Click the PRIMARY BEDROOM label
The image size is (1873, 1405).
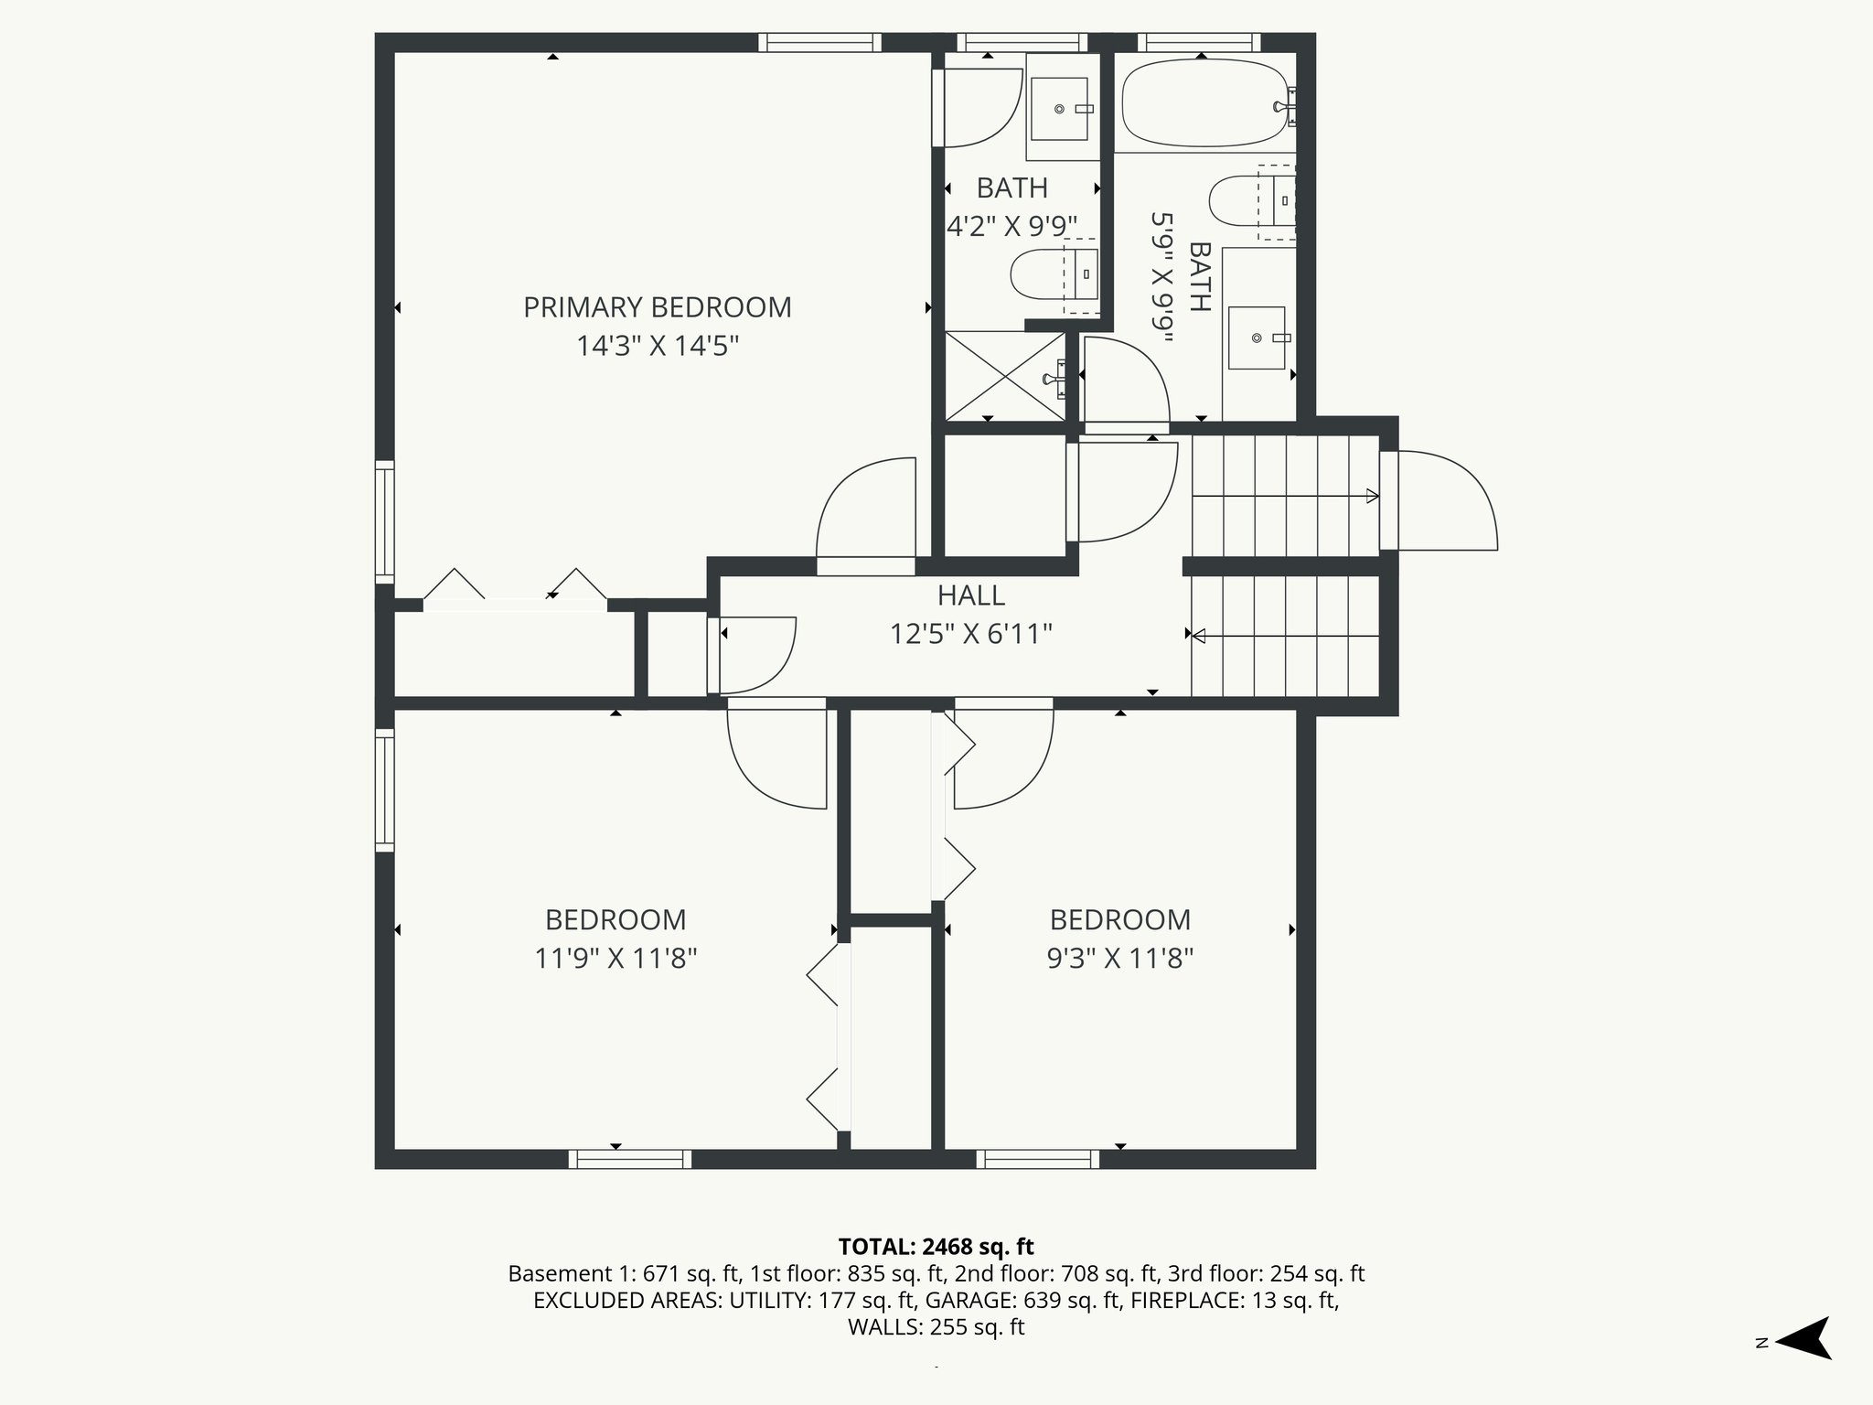point(657,307)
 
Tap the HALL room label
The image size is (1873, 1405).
point(970,595)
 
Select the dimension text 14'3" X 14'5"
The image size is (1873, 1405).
point(657,347)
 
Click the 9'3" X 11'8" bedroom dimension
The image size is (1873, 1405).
point(1119,959)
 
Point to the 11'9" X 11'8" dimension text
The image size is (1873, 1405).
point(615,959)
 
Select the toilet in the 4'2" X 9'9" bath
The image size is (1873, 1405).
point(1043,273)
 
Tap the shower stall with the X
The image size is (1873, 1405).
point(1004,377)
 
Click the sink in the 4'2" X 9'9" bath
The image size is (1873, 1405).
point(1059,109)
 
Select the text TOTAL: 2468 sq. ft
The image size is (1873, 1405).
point(936,1247)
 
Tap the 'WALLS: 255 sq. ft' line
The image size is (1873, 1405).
point(936,1327)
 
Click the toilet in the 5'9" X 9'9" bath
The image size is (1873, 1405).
point(1244,199)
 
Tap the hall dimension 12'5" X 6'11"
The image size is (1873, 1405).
point(970,634)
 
